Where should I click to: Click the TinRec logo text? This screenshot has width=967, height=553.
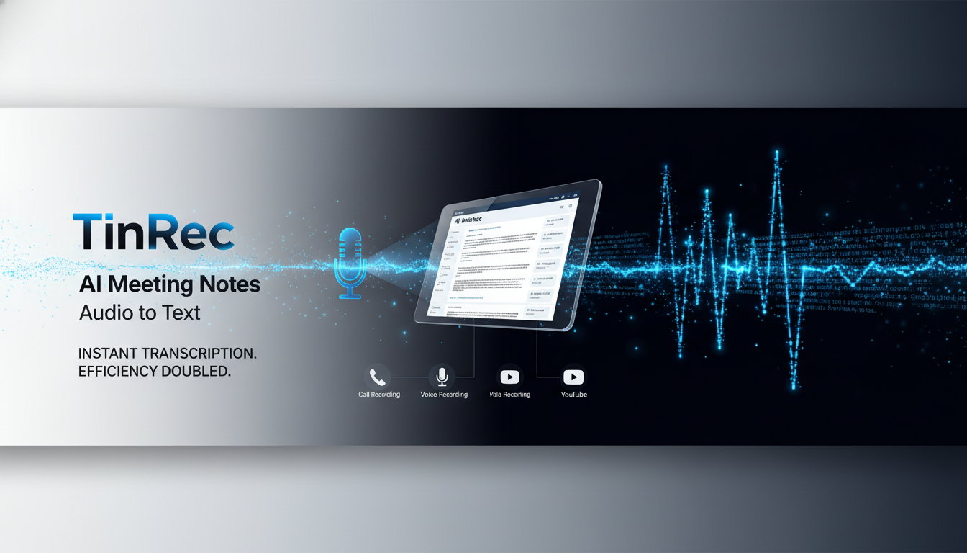[153, 232]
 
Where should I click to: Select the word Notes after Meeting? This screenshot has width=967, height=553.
[231, 284]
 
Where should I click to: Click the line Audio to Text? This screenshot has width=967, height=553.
[140, 313]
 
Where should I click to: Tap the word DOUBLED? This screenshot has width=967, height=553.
[202, 372]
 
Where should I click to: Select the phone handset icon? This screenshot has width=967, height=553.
[378, 377]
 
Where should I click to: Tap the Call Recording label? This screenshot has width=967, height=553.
[379, 395]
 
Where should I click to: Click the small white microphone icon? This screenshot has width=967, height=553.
[442, 377]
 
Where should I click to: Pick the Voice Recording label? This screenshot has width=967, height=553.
[444, 395]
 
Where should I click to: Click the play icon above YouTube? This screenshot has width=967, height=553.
[573, 377]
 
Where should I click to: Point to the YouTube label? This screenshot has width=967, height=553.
[574, 395]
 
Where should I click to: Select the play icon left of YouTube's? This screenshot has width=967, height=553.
[509, 377]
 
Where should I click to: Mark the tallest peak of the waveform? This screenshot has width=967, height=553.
[777, 155]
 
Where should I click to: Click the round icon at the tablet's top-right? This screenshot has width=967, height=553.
[570, 206]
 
